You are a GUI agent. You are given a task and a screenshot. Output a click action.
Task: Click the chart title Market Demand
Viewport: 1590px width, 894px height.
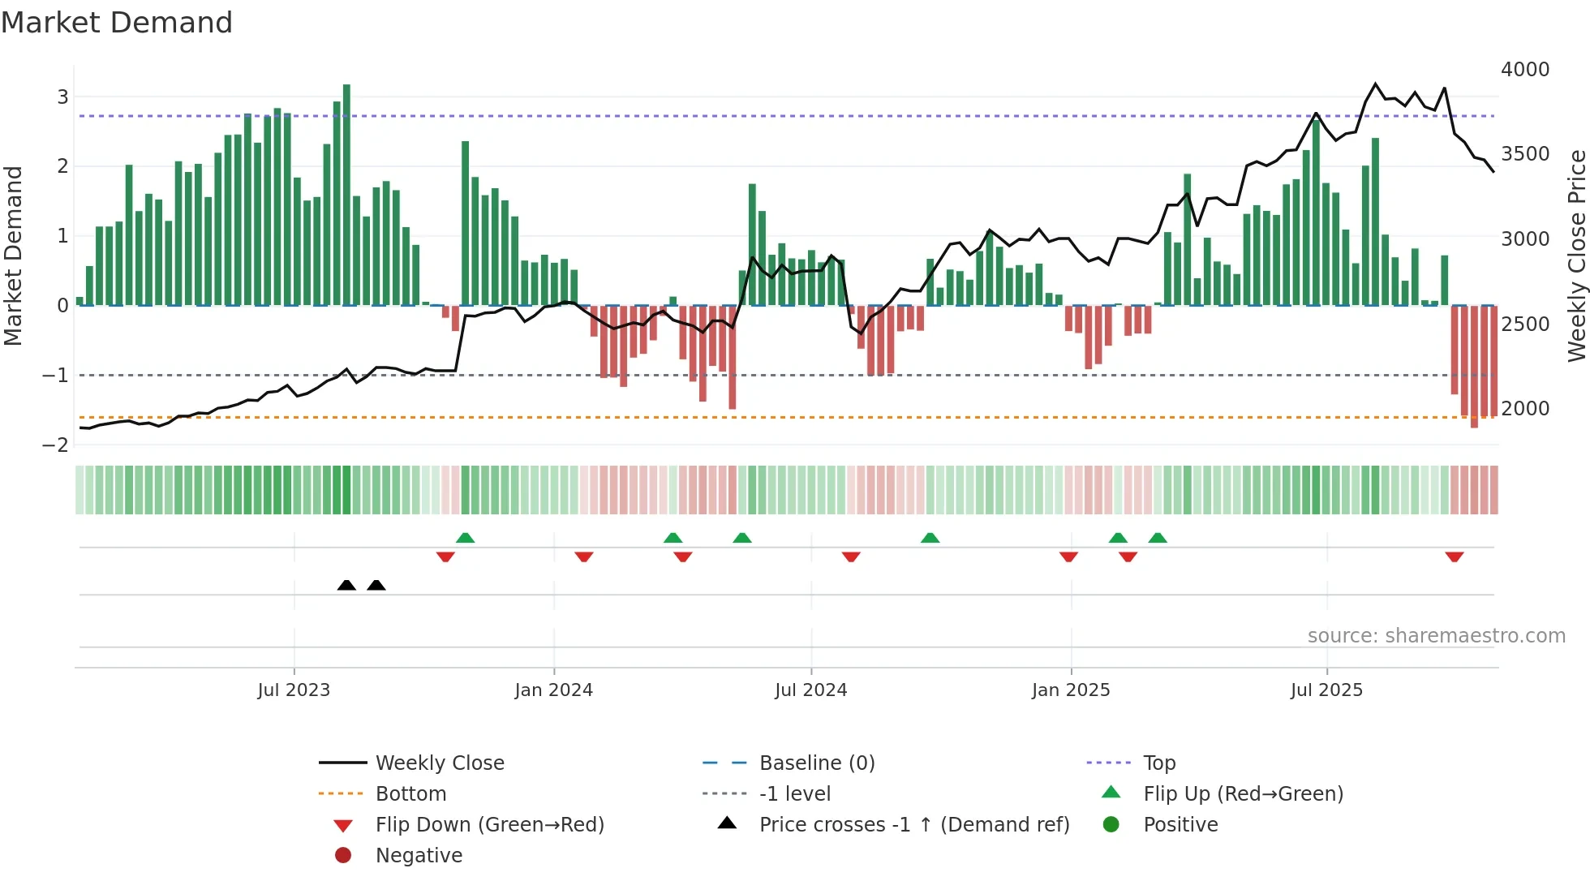click(x=117, y=23)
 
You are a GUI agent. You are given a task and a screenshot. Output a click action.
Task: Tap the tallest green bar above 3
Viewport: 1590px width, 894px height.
click(x=346, y=195)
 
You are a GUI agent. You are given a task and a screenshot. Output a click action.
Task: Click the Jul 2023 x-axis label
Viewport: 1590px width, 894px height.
click(x=294, y=690)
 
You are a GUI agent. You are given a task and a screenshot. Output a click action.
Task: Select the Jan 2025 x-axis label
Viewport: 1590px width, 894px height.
click(x=1071, y=690)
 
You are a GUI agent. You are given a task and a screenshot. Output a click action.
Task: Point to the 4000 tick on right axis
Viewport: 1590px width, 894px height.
click(x=1524, y=70)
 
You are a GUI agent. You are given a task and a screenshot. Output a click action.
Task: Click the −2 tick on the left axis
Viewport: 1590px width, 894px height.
click(x=56, y=445)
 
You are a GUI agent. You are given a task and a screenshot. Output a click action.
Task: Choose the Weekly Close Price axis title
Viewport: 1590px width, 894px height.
click(x=1576, y=256)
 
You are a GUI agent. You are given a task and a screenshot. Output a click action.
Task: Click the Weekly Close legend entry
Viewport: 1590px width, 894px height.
click(x=439, y=763)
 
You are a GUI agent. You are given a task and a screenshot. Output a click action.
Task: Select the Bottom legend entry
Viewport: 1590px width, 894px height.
click(x=410, y=793)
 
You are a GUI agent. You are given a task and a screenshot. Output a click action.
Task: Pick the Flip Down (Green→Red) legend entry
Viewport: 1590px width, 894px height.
click(x=489, y=824)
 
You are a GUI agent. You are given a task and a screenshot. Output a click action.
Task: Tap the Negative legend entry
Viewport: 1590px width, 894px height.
click(x=419, y=855)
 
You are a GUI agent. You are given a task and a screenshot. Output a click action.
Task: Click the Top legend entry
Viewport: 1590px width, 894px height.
click(x=1158, y=763)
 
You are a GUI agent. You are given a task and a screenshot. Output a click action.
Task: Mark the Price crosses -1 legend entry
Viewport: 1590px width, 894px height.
click(x=913, y=824)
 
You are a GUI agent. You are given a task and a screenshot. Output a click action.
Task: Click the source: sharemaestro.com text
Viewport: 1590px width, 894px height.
click(x=1436, y=636)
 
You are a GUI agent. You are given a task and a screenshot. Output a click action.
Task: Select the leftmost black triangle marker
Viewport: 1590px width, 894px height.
click(x=346, y=585)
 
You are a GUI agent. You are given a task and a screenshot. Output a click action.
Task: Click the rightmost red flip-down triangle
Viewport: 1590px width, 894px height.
click(x=1454, y=557)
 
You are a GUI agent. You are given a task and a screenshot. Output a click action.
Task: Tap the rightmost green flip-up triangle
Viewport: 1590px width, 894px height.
click(x=1158, y=538)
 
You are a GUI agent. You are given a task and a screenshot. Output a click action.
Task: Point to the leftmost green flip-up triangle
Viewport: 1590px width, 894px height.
click(x=465, y=538)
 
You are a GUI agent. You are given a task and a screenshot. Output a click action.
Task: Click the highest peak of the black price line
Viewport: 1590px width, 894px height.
click(x=1375, y=84)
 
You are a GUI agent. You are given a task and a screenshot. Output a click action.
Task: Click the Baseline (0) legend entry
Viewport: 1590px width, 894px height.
click(x=816, y=763)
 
